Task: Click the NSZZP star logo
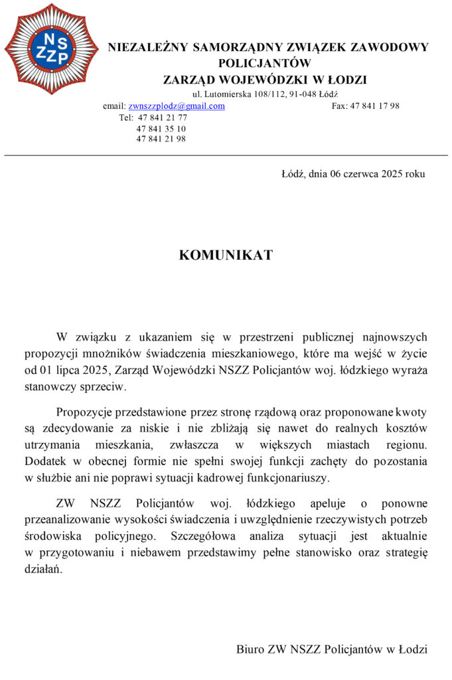click(x=52, y=49)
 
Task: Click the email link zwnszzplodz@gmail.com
click(x=177, y=106)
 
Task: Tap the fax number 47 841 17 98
click(x=374, y=106)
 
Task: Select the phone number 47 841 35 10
click(x=161, y=128)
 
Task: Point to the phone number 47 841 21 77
click(x=162, y=118)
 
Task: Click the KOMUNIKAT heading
click(x=226, y=255)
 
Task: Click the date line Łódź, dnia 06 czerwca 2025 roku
click(x=353, y=175)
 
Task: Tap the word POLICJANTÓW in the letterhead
click(x=265, y=64)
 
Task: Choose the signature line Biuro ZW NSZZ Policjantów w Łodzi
click(x=332, y=649)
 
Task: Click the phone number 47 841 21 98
click(x=161, y=139)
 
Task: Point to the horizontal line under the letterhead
click(x=226, y=155)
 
